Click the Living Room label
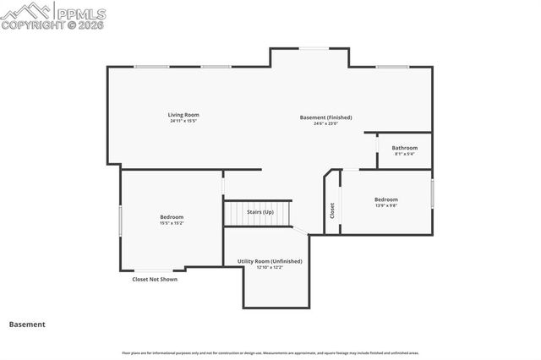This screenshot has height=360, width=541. [183, 114]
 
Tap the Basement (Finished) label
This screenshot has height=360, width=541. [325, 117]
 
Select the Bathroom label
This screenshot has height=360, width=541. [404, 148]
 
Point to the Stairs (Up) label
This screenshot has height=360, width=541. [260, 212]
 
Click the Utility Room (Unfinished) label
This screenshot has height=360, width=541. [270, 261]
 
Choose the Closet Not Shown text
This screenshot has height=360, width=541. [155, 279]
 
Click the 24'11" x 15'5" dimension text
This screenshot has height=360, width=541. [183, 121]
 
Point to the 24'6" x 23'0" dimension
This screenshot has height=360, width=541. [325, 123]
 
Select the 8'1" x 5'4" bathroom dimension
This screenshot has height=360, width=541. [404, 154]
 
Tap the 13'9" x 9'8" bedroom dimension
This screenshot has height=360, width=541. [385, 205]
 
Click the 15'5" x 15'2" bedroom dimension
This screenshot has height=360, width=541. [172, 223]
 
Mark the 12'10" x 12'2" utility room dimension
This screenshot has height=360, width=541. [270, 267]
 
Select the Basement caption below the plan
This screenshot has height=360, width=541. [27, 324]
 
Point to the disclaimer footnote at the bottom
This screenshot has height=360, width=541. [270, 352]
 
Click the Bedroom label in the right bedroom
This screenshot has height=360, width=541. [385, 199]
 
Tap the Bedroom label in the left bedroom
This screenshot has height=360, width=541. [172, 217]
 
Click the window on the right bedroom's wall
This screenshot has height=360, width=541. [432, 194]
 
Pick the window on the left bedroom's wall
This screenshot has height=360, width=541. [120, 221]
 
